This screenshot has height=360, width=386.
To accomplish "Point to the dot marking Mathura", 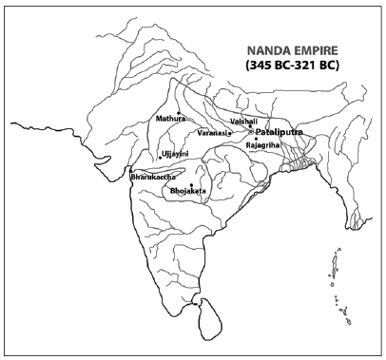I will [179, 112].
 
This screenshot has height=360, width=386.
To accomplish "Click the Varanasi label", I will [216, 132].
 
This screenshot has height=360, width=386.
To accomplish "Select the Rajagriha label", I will [263, 147].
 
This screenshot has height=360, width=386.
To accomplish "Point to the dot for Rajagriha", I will [256, 140].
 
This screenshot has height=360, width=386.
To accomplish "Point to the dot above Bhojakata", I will [191, 184].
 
